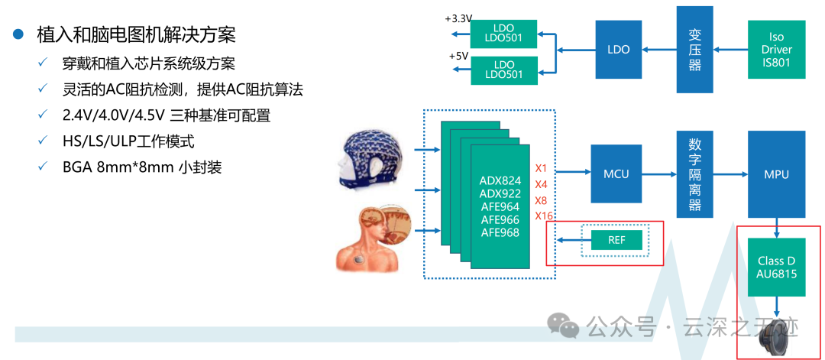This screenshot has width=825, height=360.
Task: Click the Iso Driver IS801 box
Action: click(x=776, y=50)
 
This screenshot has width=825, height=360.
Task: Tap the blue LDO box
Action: click(x=618, y=50)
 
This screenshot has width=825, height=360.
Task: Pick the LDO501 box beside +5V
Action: click(x=503, y=70)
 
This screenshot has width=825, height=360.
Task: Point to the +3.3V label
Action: click(x=458, y=18)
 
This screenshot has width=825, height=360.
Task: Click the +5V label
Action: click(x=458, y=57)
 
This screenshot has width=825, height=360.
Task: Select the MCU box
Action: click(x=616, y=174)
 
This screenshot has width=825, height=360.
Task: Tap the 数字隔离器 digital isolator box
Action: click(x=694, y=175)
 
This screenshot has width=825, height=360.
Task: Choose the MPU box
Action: click(x=776, y=174)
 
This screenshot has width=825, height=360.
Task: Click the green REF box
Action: click(x=616, y=240)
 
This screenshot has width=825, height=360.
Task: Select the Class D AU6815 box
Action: click(x=776, y=267)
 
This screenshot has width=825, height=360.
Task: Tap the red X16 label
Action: click(x=543, y=216)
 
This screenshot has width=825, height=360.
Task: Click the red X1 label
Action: click(x=541, y=168)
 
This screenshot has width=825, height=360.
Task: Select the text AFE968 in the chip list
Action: click(x=500, y=232)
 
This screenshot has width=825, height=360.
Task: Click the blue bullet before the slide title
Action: click(x=21, y=35)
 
